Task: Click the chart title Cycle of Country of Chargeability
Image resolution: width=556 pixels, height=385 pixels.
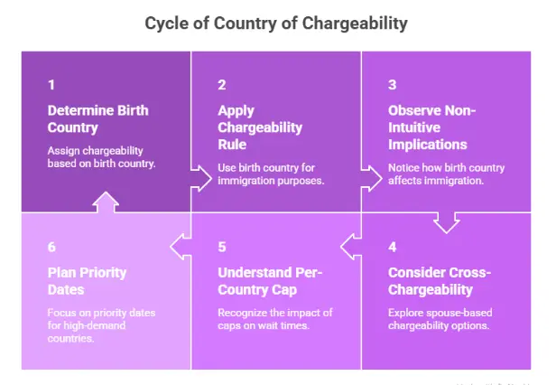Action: click(x=276, y=23)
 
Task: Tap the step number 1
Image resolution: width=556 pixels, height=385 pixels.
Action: click(x=51, y=85)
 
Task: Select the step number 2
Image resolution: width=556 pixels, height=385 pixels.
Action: click(x=222, y=85)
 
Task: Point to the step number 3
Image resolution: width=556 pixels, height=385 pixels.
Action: click(x=392, y=85)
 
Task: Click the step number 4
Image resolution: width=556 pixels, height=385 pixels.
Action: click(x=392, y=247)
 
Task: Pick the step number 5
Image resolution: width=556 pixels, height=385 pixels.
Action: click(x=222, y=247)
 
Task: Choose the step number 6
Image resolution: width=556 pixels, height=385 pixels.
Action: click(x=51, y=247)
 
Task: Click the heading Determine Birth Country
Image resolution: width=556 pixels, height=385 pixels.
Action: click(x=97, y=119)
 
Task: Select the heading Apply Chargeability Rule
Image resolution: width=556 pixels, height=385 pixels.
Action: click(x=260, y=127)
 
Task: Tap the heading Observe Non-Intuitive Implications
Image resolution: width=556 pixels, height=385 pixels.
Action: click(x=431, y=127)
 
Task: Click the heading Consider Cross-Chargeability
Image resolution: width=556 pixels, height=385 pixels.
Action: click(x=440, y=281)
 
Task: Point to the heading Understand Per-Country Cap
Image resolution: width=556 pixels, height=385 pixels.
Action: click(x=270, y=281)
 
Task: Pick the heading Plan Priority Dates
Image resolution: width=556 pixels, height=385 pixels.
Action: click(x=87, y=281)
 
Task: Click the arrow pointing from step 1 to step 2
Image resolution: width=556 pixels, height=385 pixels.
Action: click(x=201, y=178)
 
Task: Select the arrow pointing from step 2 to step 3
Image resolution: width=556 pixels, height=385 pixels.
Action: click(x=372, y=178)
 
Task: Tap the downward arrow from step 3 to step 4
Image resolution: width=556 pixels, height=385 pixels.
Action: click(x=447, y=223)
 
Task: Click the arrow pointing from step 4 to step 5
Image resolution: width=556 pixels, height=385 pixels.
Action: click(x=351, y=247)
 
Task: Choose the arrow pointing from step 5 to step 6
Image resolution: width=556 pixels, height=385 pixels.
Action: click(x=181, y=247)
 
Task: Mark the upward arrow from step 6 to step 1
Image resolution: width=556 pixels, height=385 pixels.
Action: click(x=106, y=202)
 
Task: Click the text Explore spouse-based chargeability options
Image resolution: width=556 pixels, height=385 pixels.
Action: click(x=440, y=319)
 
